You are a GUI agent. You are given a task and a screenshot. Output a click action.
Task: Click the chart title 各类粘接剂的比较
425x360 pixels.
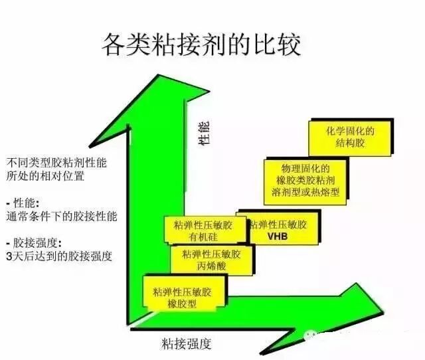pos(201,45)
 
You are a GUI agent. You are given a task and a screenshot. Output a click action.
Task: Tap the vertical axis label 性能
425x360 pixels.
pos(204,133)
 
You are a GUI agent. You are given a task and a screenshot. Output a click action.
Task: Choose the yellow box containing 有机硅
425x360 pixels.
pos(201,229)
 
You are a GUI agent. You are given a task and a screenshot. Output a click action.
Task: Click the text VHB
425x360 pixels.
pos(277,236)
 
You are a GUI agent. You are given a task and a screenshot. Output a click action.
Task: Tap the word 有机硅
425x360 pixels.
pos(201,236)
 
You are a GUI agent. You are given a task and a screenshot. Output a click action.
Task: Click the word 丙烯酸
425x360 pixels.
pos(211,266)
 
